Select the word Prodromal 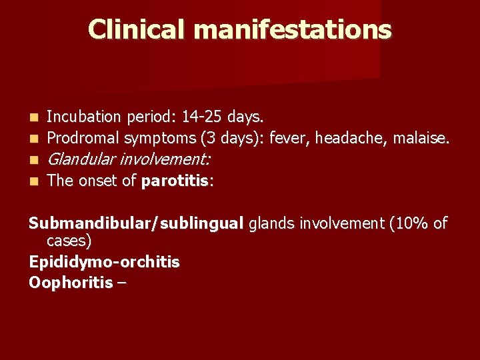coord(82,139)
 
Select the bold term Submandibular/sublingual coord(137,224)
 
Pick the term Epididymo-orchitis coord(104,262)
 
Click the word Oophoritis coord(70,283)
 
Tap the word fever coord(292,139)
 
